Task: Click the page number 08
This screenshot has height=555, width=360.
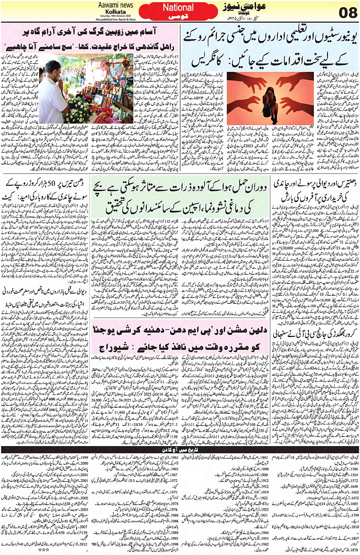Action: pyautogui.click(x=347, y=13)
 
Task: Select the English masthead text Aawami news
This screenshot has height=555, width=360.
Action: pyautogui.click(x=115, y=5)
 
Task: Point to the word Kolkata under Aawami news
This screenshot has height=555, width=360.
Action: pyautogui.click(x=115, y=11)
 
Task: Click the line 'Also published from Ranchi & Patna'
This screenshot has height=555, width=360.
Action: pyautogui.click(x=115, y=19)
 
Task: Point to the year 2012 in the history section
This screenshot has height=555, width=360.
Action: pyautogui.click(x=84, y=544)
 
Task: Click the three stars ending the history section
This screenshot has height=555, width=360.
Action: pyautogui.click(x=46, y=550)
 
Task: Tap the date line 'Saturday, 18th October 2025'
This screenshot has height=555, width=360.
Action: pyautogui.click(x=115, y=16)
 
